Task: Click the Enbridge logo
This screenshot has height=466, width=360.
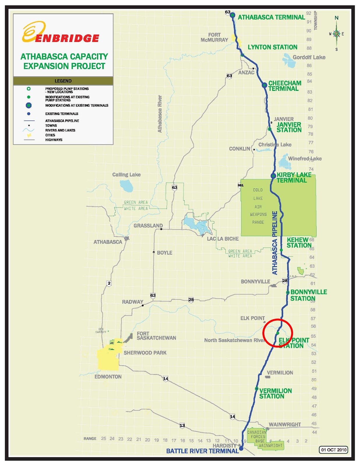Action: pos(61,33)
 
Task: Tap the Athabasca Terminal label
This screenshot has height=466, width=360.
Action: pos(271,17)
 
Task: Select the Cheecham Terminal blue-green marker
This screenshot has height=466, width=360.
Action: pos(264,85)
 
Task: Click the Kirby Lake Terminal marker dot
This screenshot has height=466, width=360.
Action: pos(273,176)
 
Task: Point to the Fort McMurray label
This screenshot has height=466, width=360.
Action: pos(214,37)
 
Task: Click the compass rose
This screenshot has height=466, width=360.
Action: pos(336,33)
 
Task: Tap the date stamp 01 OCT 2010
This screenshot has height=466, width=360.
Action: pos(333,450)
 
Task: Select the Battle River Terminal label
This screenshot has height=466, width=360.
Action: pos(202,451)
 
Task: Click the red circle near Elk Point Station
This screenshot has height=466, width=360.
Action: pos(278,333)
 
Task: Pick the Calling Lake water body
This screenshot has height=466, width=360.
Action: pos(126,186)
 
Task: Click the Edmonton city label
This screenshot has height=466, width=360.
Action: pos(108,377)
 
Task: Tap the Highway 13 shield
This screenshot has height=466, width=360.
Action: pos(182,426)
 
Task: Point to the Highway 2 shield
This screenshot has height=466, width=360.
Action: pos(109,283)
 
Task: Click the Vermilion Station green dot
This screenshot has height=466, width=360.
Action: pos(257,389)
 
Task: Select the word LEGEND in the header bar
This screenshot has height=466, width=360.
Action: pos(63,81)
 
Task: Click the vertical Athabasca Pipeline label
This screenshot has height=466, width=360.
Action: pos(275,243)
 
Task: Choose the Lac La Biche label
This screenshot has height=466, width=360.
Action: pos(223,239)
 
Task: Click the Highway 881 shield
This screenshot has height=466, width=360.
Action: pos(241,185)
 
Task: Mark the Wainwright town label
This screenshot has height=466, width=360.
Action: pos(285,425)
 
